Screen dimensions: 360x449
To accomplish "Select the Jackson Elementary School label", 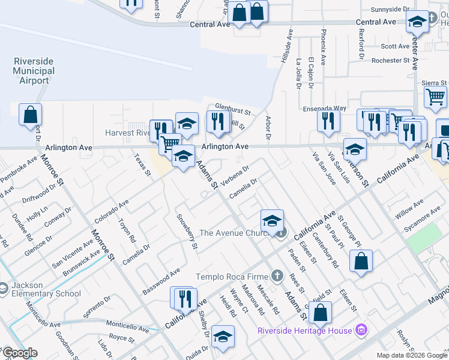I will tap(46, 289).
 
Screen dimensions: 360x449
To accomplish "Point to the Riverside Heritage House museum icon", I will tap(361, 329).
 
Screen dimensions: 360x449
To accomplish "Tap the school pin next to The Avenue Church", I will tap(272, 221).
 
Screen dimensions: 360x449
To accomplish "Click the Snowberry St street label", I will tap(187, 231).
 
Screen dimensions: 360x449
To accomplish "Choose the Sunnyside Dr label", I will tap(389, 10).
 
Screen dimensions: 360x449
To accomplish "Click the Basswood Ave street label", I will tap(161, 281).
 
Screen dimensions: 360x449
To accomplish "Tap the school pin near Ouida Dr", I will tap(223, 338).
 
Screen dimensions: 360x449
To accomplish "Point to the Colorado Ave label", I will tap(111, 211).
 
